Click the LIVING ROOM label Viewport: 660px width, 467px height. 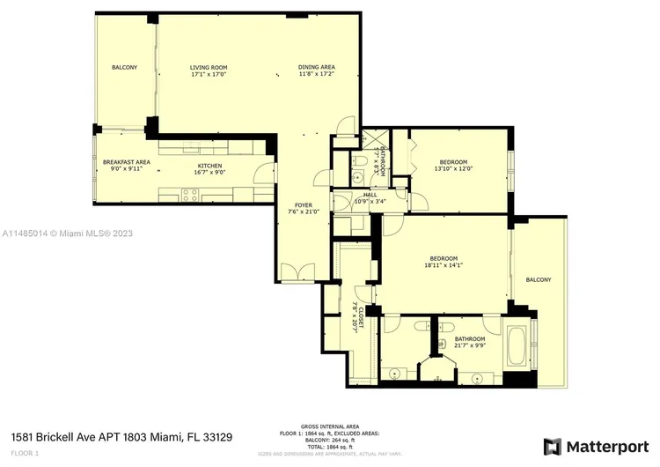(x=209, y=68)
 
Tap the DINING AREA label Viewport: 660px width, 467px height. (x=316, y=68)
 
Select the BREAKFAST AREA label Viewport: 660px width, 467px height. (x=126, y=162)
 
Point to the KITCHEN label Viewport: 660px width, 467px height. (x=209, y=166)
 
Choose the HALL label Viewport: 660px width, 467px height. (x=370, y=195)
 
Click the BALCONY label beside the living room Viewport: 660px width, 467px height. (x=124, y=68)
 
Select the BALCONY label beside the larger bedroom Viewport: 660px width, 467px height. (x=538, y=279)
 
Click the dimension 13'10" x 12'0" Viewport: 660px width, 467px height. (x=453, y=168)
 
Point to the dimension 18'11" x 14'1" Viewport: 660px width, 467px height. (x=442, y=263)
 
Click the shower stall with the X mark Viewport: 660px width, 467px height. (x=375, y=140)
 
